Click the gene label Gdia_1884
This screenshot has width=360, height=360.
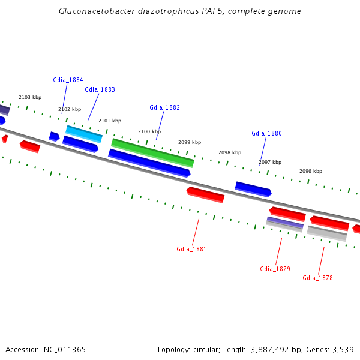pos(68,80)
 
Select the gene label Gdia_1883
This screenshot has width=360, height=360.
pos(100,89)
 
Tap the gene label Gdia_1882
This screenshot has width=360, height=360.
pos(164,107)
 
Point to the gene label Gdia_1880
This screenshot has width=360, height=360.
pos(266,133)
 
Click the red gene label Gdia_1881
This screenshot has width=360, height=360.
pos(191,249)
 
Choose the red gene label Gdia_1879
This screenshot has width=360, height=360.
pos(275,269)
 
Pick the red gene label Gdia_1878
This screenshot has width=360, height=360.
pos(317,278)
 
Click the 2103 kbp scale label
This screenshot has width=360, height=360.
pos(30,97)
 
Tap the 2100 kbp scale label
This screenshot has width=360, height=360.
pos(149,131)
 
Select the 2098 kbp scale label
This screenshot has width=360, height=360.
pos(230,152)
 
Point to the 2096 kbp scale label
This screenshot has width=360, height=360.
pos(311,171)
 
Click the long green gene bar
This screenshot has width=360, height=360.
pos(152,152)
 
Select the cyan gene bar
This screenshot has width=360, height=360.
pos(83,134)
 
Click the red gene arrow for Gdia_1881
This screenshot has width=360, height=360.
pos(205,194)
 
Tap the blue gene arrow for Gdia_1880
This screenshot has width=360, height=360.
pos(253,189)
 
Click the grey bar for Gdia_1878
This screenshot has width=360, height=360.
pos(327,233)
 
